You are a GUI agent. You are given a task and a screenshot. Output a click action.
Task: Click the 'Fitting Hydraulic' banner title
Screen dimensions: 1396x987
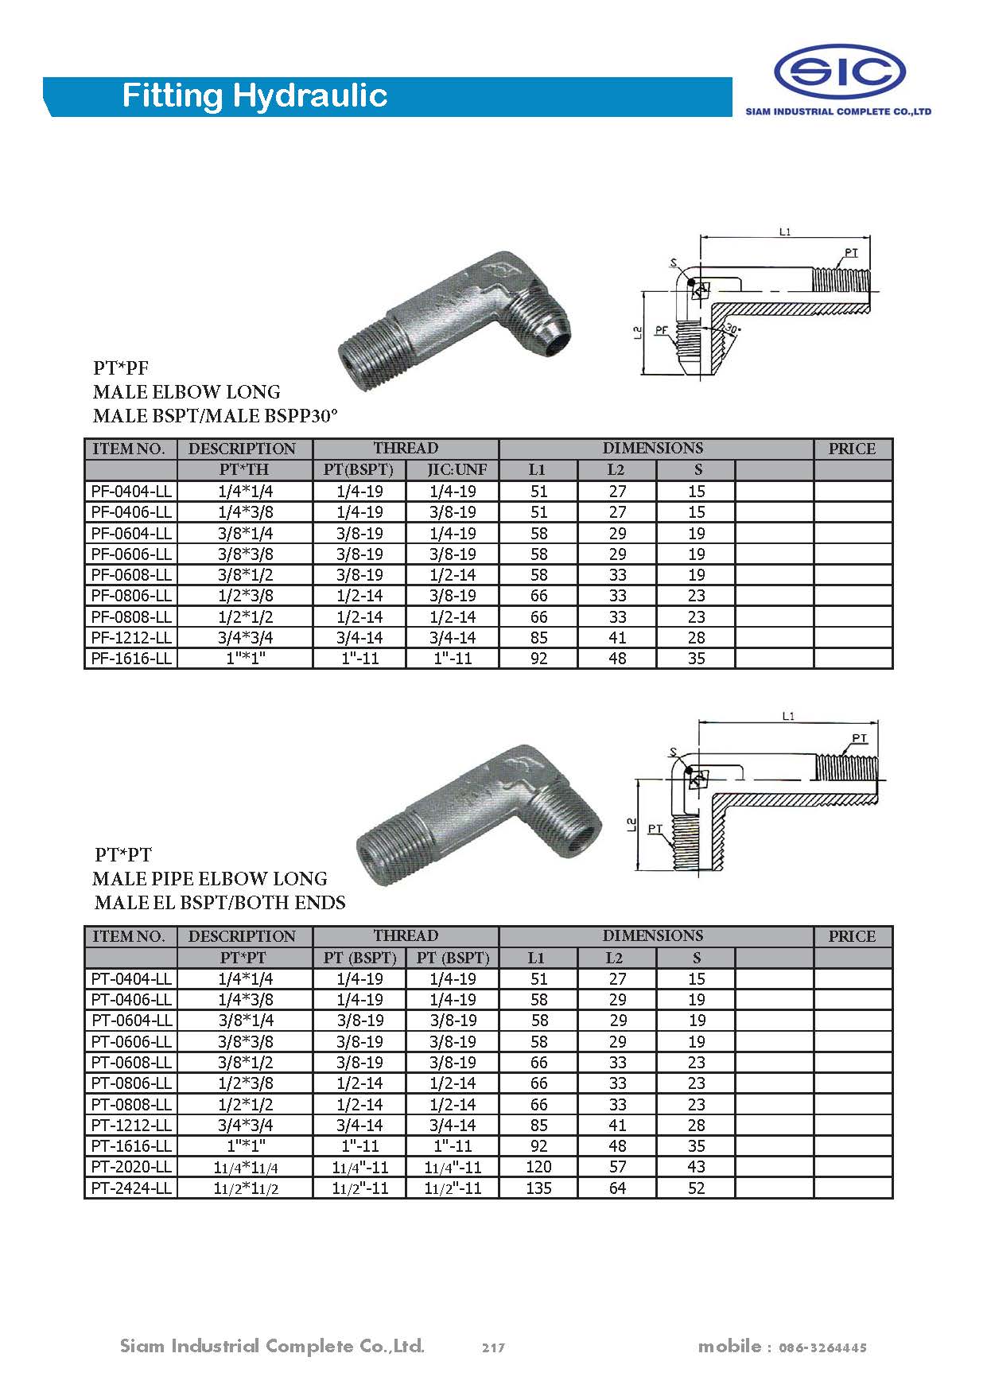255,96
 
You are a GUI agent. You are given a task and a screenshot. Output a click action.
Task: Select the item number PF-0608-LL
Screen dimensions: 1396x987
131,575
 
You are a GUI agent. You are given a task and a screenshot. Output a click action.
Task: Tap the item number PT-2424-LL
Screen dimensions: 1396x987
131,1188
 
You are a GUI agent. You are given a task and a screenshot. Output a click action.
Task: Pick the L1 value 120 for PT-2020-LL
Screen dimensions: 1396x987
538,1167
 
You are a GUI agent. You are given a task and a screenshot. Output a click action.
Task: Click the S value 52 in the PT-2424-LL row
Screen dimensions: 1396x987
696,1188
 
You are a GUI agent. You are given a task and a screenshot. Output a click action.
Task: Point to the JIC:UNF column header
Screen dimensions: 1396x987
453,470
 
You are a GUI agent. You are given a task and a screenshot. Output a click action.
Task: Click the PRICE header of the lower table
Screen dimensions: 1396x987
852,936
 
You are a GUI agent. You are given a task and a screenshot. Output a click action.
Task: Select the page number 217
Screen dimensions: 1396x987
493,1347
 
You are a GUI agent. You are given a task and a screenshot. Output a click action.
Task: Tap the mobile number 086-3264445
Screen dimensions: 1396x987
822,1347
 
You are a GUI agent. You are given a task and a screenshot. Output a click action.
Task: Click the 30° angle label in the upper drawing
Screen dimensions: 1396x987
732,329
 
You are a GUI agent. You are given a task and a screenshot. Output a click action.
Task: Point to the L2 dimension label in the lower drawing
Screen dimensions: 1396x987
631,825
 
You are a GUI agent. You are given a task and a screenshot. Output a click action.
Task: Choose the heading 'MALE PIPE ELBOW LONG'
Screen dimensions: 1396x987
210,879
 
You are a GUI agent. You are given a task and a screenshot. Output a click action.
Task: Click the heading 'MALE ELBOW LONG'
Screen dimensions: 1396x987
187,392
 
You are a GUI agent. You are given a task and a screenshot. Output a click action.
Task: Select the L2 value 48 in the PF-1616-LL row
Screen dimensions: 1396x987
617,659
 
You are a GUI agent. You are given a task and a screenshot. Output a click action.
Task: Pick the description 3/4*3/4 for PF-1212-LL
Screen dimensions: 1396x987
245,638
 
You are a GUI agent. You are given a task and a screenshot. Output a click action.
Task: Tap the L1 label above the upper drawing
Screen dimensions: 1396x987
785,231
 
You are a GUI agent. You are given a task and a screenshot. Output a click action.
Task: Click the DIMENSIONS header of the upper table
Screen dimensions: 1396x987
652,449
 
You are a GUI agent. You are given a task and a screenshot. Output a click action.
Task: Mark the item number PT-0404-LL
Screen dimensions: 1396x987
131,979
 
